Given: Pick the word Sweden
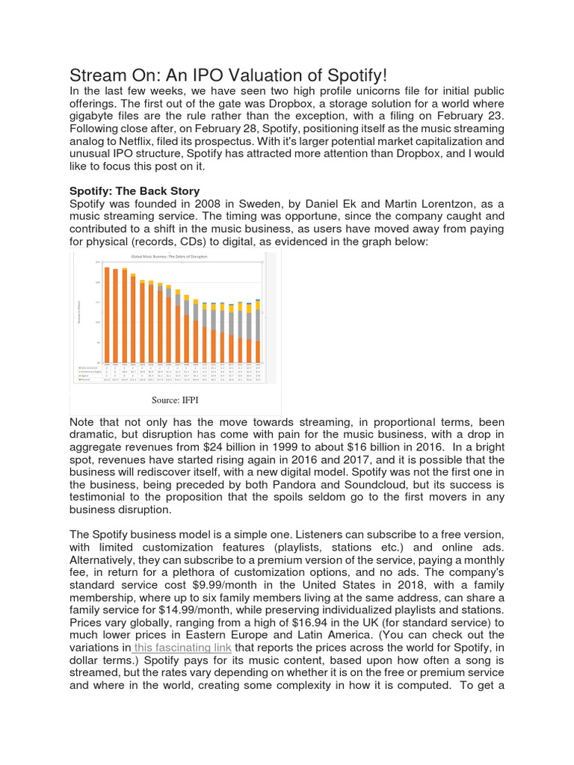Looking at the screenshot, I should pyautogui.click(x=277, y=204).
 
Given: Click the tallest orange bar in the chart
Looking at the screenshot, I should pyautogui.click(x=108, y=314).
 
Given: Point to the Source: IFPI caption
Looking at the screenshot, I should pyautogui.click(x=175, y=400).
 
